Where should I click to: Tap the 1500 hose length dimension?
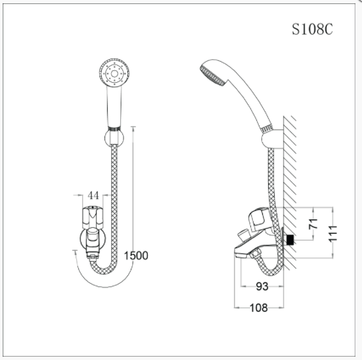[135, 256]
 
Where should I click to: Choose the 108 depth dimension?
[260, 307]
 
